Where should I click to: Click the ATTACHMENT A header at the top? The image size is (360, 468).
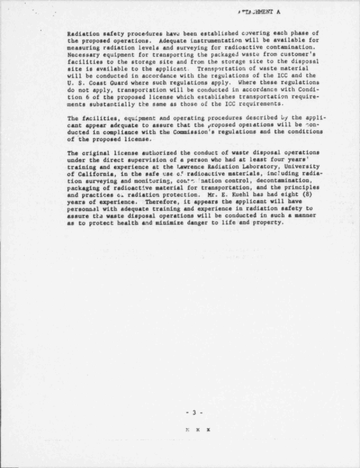click(x=259, y=12)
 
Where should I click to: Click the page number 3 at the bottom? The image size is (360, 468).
click(x=194, y=412)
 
